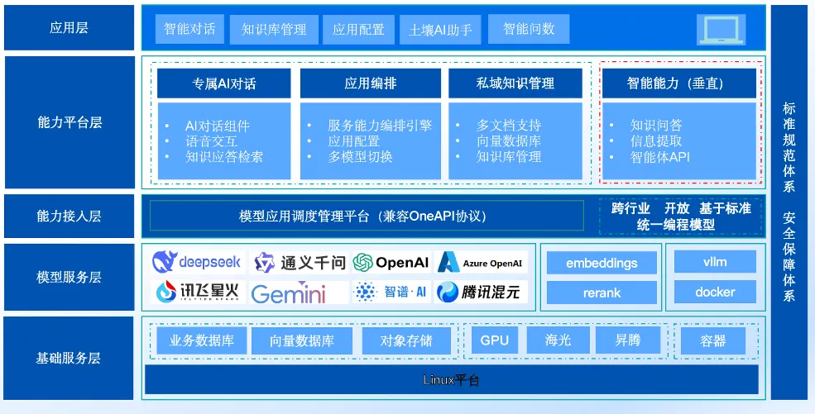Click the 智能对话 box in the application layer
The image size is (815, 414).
[x=189, y=29]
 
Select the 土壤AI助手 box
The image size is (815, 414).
[x=440, y=30]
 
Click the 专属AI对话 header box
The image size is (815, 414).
[x=224, y=83]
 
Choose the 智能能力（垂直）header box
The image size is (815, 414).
[x=678, y=83]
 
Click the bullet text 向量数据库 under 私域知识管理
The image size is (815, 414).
[x=508, y=141]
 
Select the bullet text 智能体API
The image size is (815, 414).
[x=659, y=157]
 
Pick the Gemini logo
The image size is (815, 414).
[x=288, y=293]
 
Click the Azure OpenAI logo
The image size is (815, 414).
[x=482, y=263]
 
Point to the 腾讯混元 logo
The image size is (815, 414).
[x=482, y=293]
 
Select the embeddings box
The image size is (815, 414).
[x=602, y=263]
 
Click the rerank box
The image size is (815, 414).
[x=602, y=293]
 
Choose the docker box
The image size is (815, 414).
[x=715, y=292]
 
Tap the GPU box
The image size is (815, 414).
[x=495, y=340]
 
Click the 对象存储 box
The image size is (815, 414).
[x=406, y=340]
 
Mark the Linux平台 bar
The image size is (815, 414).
[x=452, y=380]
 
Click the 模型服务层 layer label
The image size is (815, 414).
[x=69, y=277]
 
